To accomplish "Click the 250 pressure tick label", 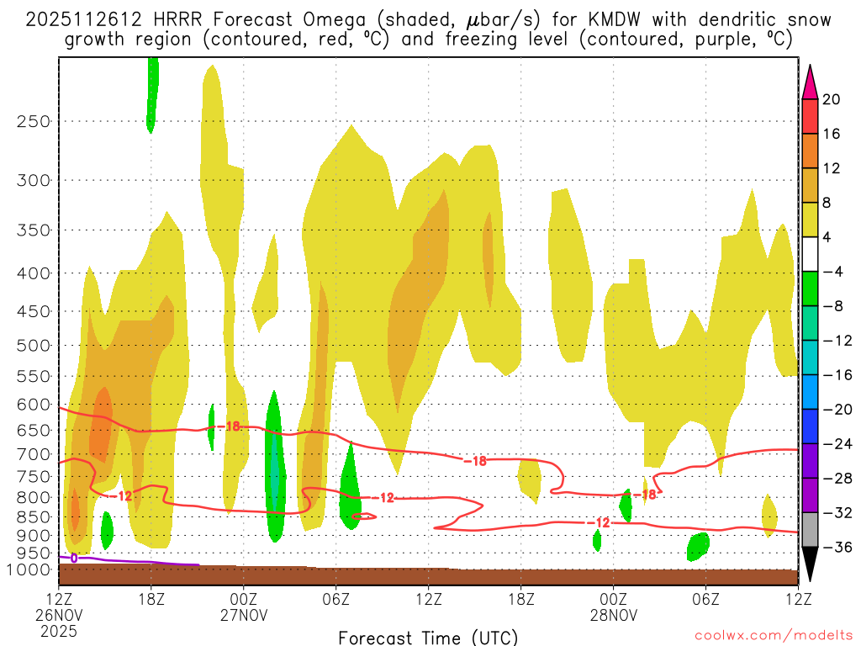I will (x=34, y=122).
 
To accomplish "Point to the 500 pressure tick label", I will (x=34, y=345).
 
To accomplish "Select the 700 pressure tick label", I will (x=34, y=454).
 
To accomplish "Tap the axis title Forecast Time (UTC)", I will (x=428, y=636).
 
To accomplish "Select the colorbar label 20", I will (x=832, y=99).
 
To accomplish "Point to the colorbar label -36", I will (x=835, y=548).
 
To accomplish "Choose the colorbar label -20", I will (x=835, y=410).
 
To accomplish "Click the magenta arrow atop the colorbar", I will (x=810, y=82).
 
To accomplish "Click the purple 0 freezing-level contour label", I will (x=74, y=557).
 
